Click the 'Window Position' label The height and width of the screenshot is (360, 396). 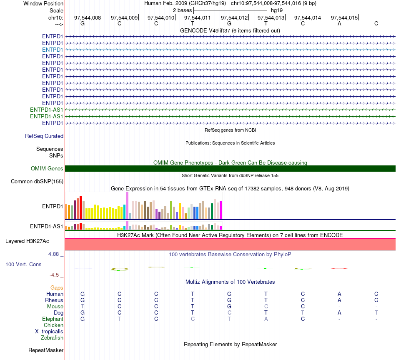43,3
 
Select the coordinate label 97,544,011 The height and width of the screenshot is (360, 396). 197,17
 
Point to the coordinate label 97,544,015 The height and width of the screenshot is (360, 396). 344,17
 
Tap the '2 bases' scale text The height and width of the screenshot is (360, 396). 182,10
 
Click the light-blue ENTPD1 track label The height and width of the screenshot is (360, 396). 53,50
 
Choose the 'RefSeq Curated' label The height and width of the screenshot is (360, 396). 44,136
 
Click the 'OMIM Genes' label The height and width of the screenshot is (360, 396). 47,168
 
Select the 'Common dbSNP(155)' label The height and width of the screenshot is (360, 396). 37,182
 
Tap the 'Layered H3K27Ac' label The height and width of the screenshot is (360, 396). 27,241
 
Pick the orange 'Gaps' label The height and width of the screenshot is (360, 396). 57,288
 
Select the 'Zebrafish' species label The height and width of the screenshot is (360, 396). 52,338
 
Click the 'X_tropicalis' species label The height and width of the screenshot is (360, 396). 49,332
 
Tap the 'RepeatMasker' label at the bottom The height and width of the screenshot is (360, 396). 46,350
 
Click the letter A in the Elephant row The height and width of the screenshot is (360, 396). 266,319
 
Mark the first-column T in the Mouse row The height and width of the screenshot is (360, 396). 83,307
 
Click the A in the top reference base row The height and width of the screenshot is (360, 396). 339,23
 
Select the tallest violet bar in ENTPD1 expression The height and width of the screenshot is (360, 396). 127,205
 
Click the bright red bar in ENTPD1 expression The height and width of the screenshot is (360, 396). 80,207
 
